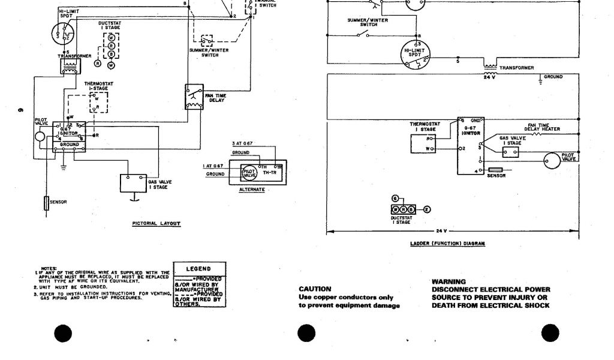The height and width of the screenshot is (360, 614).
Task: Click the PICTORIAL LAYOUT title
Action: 156,223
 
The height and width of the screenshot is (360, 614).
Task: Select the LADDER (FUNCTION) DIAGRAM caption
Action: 448,244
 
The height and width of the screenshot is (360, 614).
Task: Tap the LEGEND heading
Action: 199,269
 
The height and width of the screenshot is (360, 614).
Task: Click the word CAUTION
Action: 315,289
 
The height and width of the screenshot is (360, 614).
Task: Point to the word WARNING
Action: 449,281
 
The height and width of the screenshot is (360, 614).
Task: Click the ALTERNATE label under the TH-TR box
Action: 252,190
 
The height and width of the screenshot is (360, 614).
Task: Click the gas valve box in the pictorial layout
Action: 133,183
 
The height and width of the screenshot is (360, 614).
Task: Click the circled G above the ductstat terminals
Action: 395,198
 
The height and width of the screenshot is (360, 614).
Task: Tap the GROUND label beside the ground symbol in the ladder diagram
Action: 553,77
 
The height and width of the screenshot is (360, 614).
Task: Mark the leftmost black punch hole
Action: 63,333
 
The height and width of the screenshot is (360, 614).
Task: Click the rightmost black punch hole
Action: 550,333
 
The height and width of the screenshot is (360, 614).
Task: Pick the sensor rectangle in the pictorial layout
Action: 46,203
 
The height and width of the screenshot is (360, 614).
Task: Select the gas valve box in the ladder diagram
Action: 511,152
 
